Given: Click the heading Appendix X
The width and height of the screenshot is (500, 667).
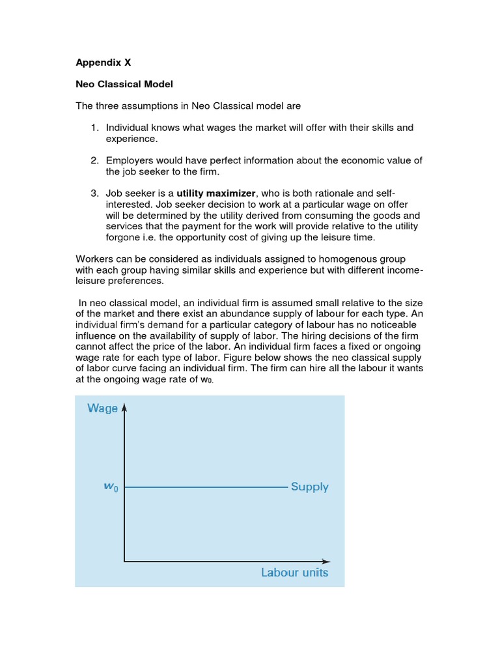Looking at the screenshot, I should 104,63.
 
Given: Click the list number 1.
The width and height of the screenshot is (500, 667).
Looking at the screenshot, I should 94,128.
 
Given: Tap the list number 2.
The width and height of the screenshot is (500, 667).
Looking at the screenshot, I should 94,160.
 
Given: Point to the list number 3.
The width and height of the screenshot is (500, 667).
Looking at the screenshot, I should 94,193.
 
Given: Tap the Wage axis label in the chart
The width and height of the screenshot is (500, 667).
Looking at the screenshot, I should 102,408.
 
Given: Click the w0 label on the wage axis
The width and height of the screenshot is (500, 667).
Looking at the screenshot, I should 111,487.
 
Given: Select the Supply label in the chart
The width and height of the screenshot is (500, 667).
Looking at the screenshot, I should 309,487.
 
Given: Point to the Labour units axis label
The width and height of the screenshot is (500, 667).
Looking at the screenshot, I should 294,573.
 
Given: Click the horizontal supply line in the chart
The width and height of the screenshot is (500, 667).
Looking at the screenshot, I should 205,487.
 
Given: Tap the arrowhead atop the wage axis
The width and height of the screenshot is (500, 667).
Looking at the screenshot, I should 124,406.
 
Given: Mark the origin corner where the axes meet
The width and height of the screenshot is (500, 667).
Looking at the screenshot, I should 124,561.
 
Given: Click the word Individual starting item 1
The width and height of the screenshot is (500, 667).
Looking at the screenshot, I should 129,128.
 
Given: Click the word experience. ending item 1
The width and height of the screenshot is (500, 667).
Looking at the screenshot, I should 132,139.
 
